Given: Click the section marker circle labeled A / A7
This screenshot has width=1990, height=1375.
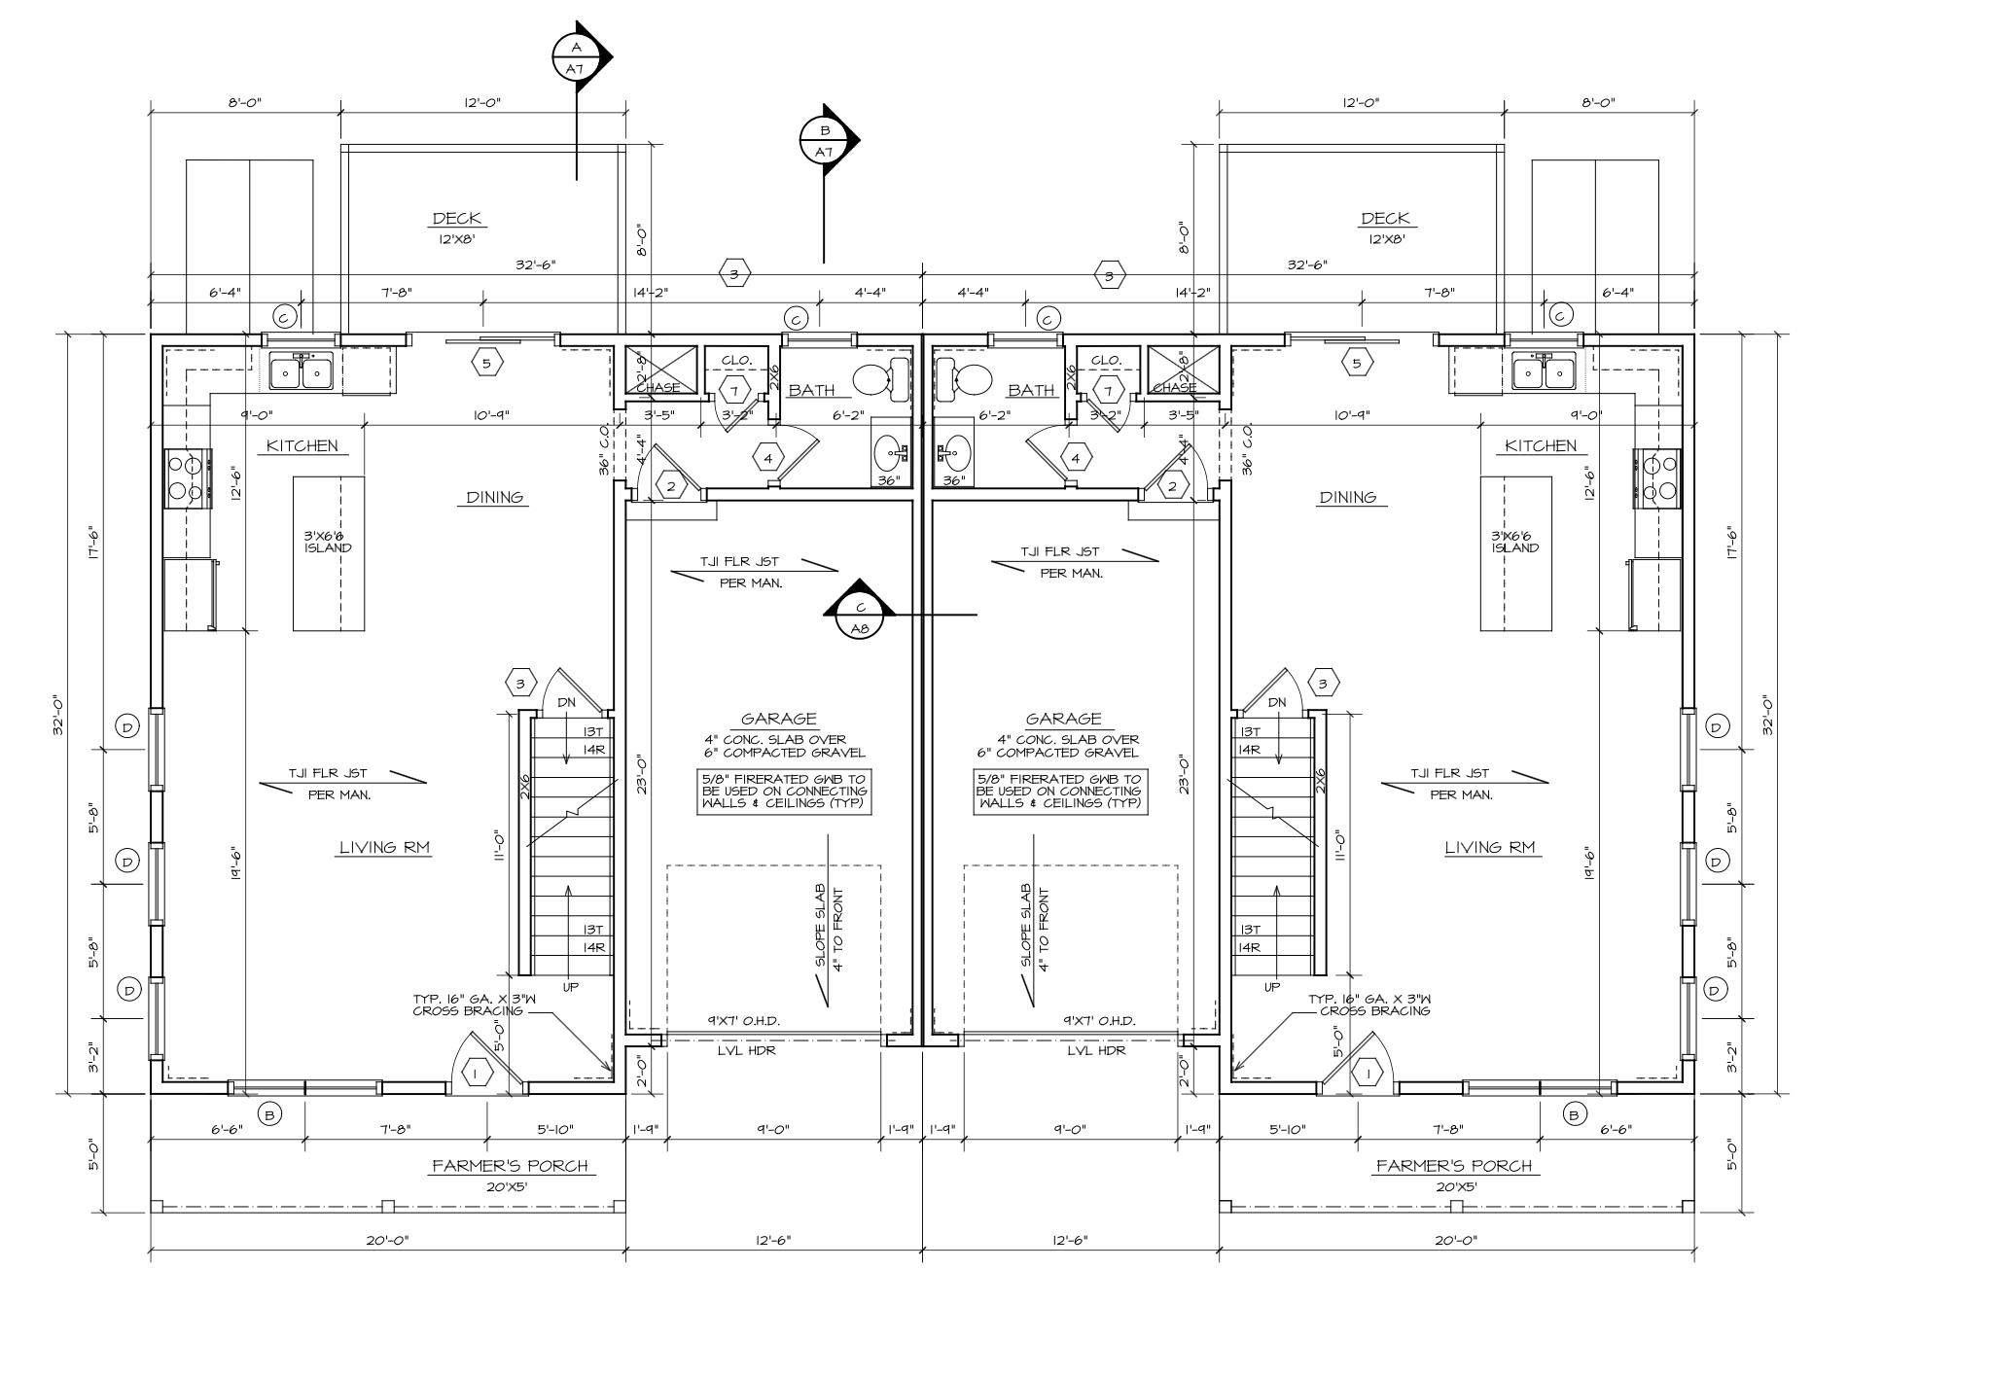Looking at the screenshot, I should pos(576,57).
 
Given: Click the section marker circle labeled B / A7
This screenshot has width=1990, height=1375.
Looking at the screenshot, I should pos(824,141).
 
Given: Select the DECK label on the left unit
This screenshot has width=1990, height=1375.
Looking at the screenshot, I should pos(457,219).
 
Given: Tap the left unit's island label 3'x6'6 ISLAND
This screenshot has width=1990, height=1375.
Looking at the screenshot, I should pos(328,542).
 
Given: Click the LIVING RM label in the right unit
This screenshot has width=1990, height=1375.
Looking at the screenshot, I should pos(1489,847).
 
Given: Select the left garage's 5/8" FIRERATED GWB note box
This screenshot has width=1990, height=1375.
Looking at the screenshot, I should pos(784,792).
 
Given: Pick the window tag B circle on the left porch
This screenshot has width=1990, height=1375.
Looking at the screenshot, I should pos(269,1113).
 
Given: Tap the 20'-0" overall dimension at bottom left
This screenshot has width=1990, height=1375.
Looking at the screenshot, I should pos(388,1241).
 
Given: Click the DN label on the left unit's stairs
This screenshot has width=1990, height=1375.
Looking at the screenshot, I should pos(566,702).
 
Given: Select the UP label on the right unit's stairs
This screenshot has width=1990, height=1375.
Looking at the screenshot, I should pos(1272,987).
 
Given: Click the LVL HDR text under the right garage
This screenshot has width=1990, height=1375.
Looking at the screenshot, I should pos(1096,1051).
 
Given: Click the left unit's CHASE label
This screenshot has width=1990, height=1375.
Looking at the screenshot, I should pos(657,388).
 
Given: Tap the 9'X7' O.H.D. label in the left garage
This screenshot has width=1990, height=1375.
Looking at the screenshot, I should pos(744,1021).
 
